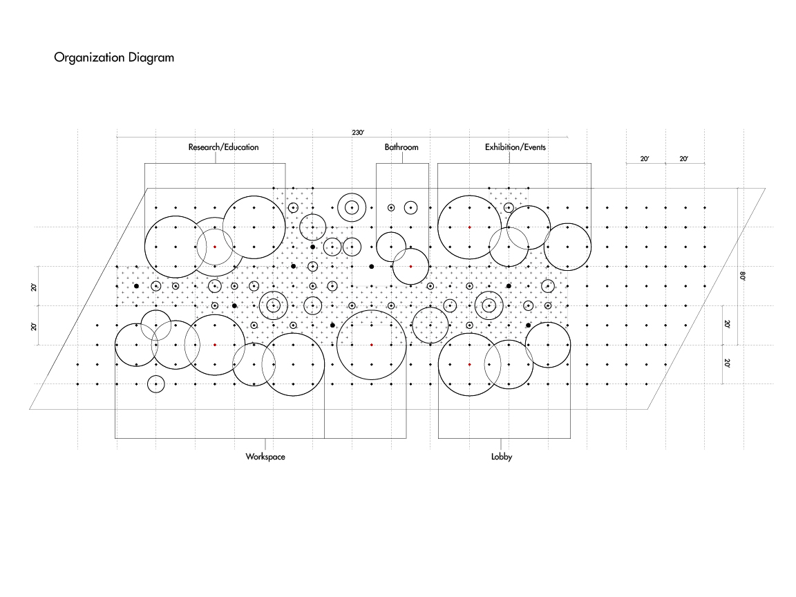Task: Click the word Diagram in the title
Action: [x=151, y=58]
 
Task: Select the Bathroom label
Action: [x=401, y=147]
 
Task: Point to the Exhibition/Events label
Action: [x=515, y=147]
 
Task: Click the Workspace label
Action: [x=265, y=457]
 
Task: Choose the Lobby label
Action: [x=502, y=457]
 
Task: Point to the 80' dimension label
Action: [x=743, y=276]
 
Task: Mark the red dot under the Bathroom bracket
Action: [x=410, y=266]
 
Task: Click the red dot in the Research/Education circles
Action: [x=215, y=247]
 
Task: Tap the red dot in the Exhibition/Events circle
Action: [x=469, y=227]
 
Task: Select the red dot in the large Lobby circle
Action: [x=469, y=364]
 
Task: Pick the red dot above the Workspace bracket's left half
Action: [x=215, y=344]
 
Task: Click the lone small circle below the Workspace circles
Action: [x=156, y=383]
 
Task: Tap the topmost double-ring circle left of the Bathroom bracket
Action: [x=352, y=207]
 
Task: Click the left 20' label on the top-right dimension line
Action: [x=645, y=159]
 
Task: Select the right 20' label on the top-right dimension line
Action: [x=684, y=159]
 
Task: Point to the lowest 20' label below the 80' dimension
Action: [x=727, y=363]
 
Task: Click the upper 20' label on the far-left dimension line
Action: [x=34, y=287]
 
